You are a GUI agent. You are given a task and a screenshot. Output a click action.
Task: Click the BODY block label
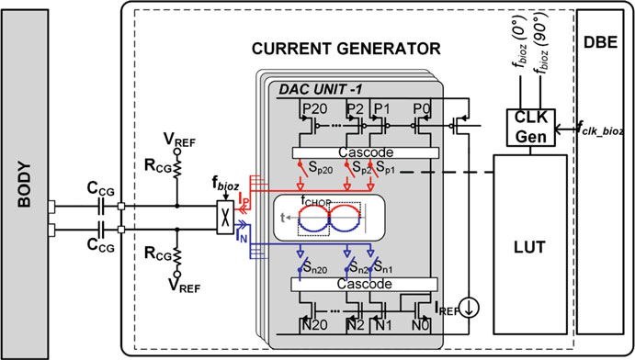pos(25,185)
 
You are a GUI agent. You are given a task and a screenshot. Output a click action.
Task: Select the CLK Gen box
pos(531,128)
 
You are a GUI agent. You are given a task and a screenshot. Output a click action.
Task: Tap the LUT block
pos(529,244)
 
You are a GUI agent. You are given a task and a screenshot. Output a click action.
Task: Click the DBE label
pos(601,42)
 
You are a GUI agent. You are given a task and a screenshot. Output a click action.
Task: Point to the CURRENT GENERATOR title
pos(346,49)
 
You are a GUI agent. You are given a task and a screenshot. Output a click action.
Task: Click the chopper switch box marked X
pos(225,218)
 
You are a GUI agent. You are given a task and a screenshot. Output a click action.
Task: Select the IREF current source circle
pos(470,308)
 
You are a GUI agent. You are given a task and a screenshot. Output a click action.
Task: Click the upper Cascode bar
pos(366,152)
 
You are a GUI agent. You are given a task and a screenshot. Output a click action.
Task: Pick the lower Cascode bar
pos(365,284)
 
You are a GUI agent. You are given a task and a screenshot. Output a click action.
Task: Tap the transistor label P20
pos(315,108)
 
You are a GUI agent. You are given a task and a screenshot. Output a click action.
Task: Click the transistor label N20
pos(314,324)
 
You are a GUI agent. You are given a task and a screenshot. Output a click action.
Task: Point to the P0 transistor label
pos(422,108)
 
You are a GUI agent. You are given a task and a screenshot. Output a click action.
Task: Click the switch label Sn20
pos(315,268)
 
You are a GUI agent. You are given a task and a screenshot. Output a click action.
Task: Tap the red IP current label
pos(243,198)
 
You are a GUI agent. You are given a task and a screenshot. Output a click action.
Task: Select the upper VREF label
pos(179,140)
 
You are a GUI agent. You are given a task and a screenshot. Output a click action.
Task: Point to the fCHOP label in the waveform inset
pos(316,200)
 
